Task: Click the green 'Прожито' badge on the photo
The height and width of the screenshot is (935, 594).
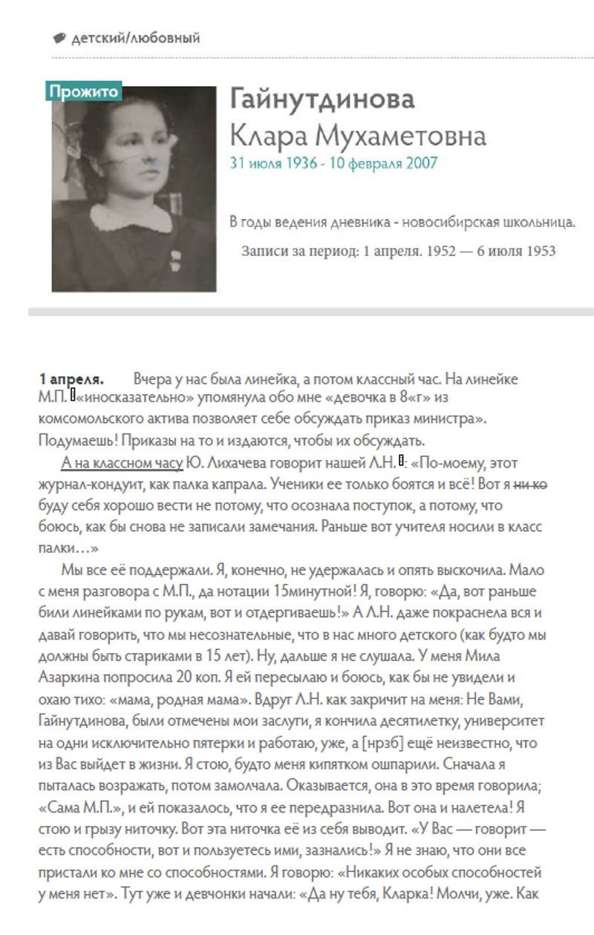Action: coord(84,91)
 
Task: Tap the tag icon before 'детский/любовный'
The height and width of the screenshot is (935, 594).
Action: coord(59,38)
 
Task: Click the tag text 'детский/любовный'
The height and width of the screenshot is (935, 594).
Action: coord(135,38)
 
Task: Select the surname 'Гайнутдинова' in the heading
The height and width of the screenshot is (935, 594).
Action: coord(322,99)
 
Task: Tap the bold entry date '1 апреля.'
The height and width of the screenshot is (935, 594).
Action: coord(71,379)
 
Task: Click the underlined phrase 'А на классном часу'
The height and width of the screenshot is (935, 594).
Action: coord(122,464)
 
